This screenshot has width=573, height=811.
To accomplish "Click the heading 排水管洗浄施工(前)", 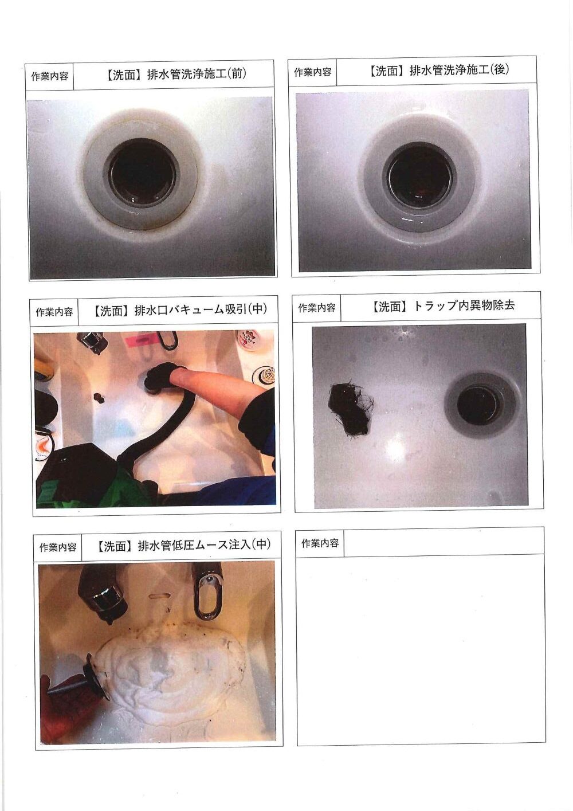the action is pyautogui.click(x=197, y=74).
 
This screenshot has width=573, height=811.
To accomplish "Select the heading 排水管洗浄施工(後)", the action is pyautogui.click(x=460, y=70).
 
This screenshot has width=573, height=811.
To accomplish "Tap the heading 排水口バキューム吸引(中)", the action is pyautogui.click(x=201, y=310).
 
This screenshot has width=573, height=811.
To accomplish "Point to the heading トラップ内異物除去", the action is pyautogui.click(x=464, y=306).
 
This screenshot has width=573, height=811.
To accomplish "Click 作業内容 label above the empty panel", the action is pyautogui.click(x=320, y=543).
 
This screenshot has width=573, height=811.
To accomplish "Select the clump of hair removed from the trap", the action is pyautogui.click(x=350, y=409).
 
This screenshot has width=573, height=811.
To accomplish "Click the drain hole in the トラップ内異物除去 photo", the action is pyautogui.click(x=479, y=405).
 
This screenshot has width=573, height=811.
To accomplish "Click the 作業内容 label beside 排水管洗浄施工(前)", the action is pyautogui.click(x=50, y=76).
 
